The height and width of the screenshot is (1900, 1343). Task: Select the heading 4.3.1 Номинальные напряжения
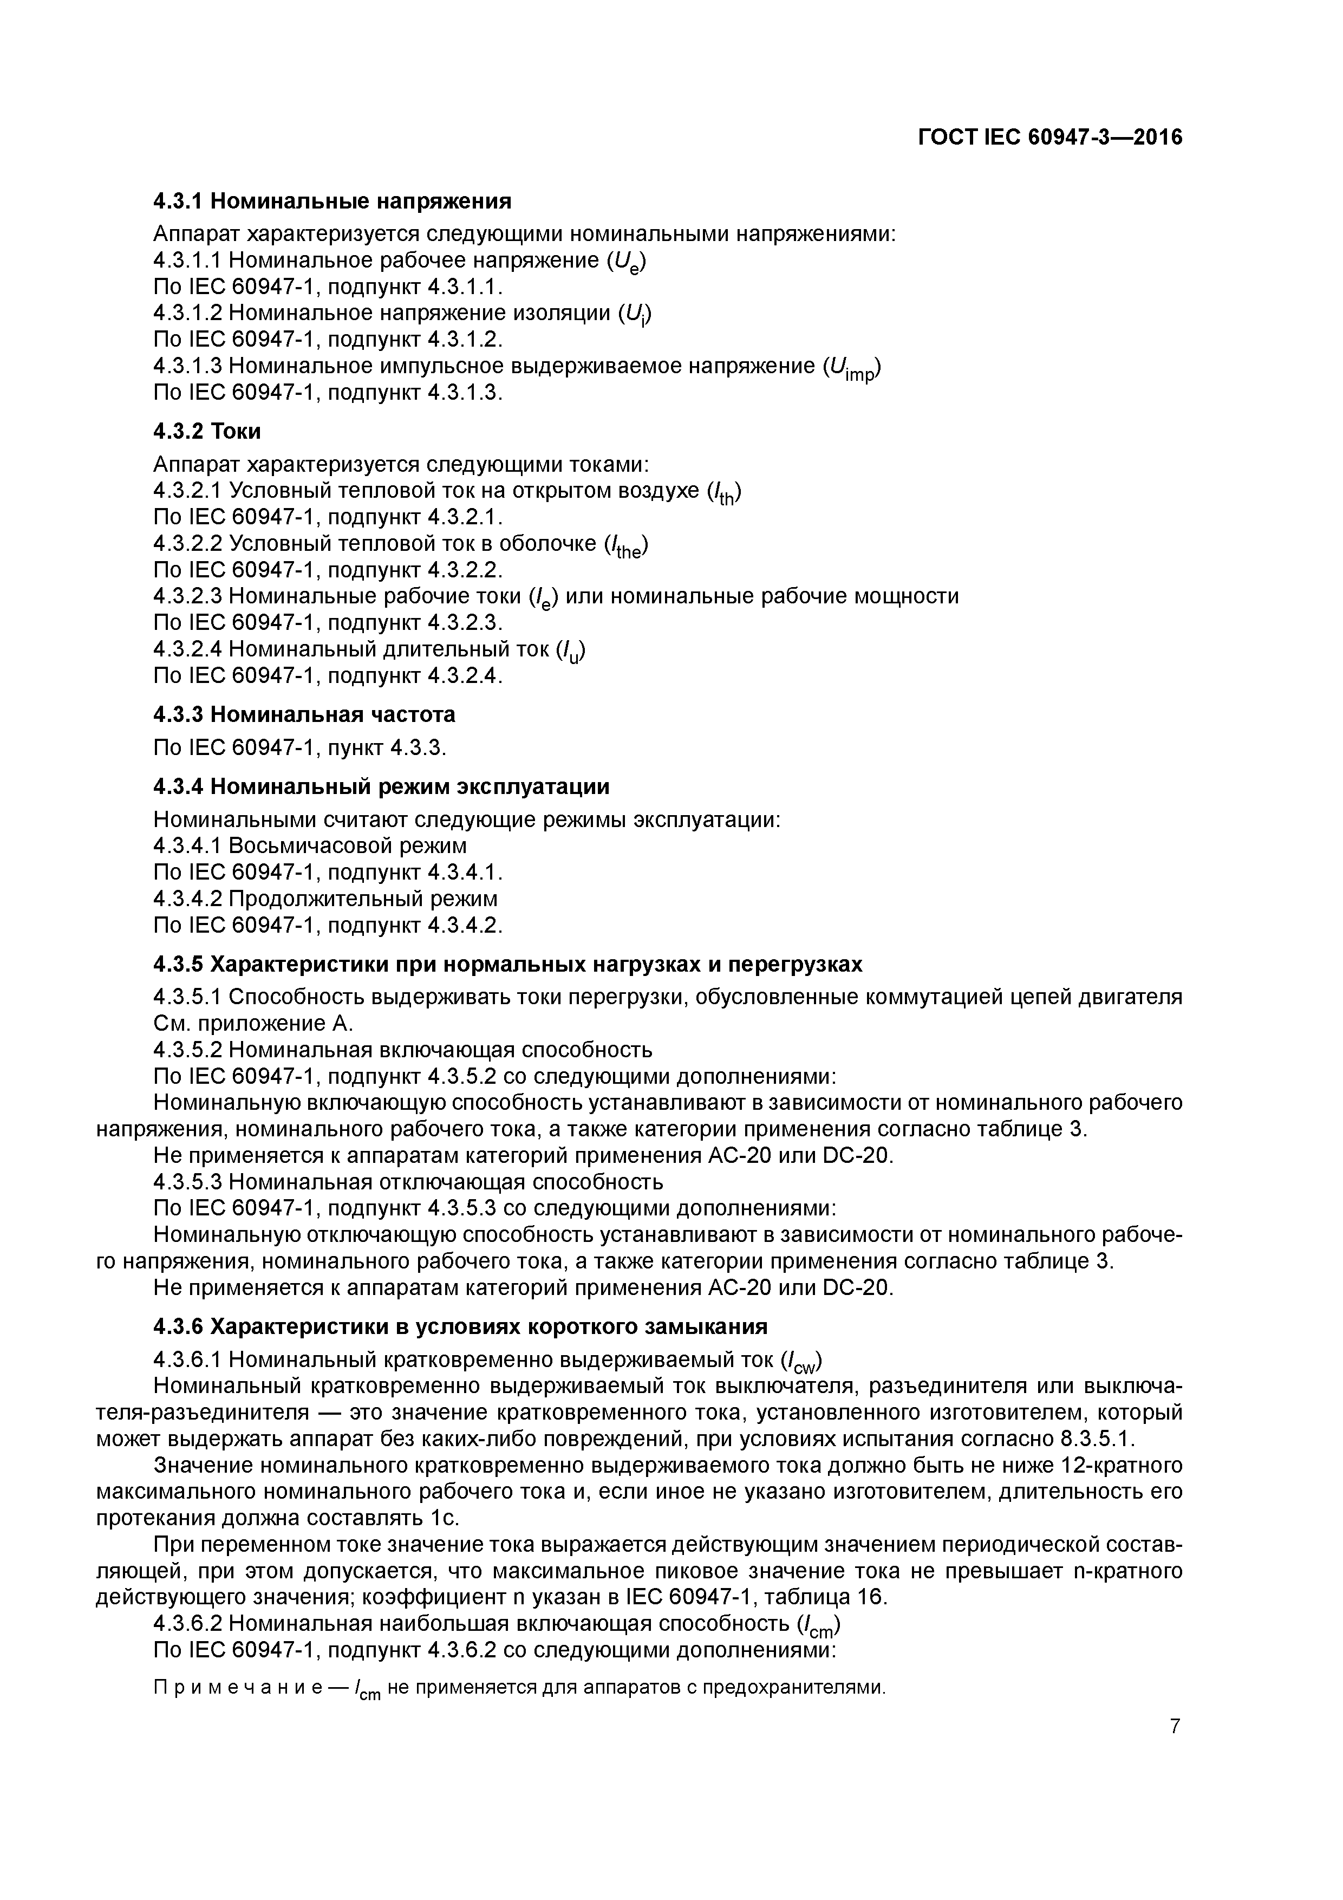[332, 201]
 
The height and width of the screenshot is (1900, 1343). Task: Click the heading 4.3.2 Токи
[207, 431]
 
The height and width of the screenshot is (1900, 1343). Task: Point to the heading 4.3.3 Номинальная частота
[304, 714]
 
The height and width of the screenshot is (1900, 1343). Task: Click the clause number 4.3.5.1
[188, 997]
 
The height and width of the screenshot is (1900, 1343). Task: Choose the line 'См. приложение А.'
[253, 1024]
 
